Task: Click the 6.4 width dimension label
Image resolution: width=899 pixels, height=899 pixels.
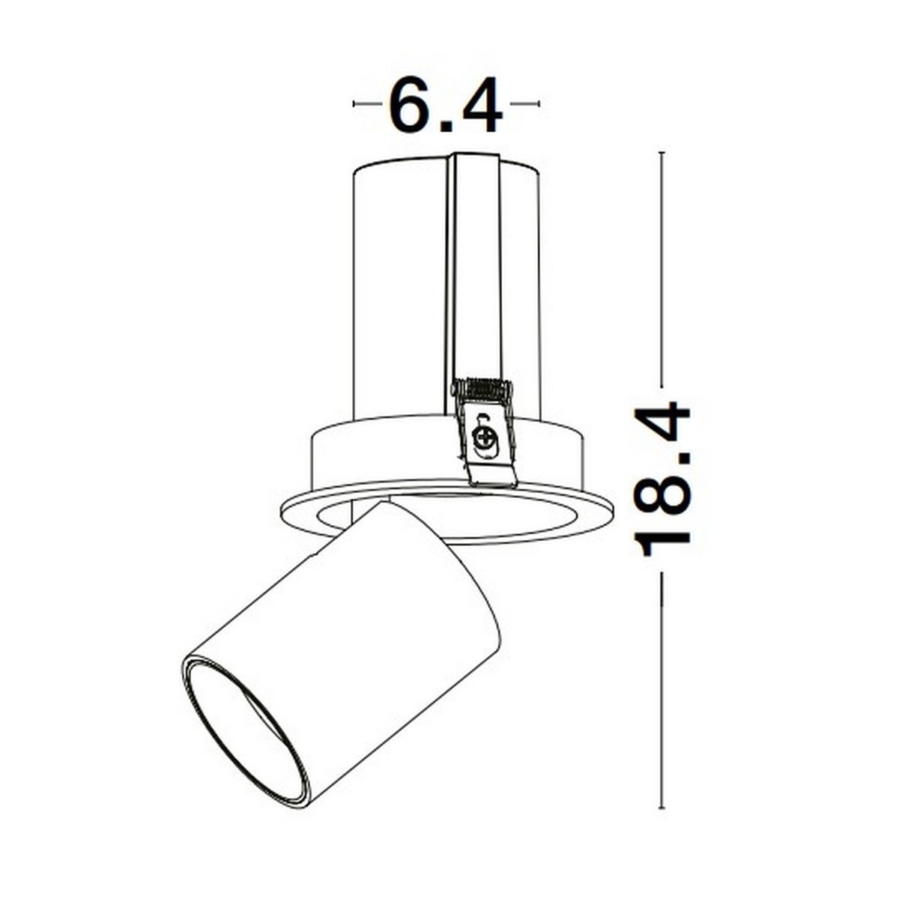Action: [x=445, y=106]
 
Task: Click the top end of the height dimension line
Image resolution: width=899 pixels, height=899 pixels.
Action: [x=661, y=153]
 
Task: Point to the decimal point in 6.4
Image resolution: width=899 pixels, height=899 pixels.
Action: [x=447, y=127]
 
